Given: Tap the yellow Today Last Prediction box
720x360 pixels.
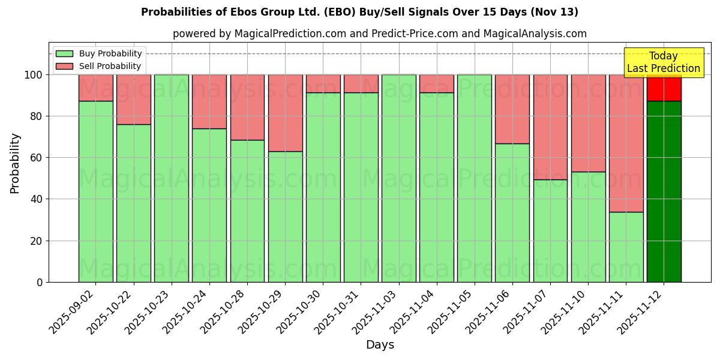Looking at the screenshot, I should [x=663, y=62].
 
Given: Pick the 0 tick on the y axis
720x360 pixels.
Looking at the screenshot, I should [x=40, y=282].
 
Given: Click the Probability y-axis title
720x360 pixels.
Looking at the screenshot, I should [x=15, y=163].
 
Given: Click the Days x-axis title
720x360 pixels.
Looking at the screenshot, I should [x=380, y=345].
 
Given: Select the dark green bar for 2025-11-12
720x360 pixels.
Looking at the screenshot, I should [x=664, y=192].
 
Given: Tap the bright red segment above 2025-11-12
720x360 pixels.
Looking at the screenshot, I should [x=664, y=88].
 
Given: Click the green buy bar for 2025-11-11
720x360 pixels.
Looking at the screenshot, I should [x=626, y=247].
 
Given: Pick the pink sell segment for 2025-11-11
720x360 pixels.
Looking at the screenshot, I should [x=626, y=143].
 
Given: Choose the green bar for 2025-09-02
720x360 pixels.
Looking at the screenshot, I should [x=95, y=192].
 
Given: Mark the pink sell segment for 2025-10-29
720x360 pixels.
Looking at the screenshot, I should [x=285, y=113].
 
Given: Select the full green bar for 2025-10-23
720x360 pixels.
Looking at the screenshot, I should [x=171, y=178].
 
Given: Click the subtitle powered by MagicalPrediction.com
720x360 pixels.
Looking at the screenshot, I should [x=380, y=34].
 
